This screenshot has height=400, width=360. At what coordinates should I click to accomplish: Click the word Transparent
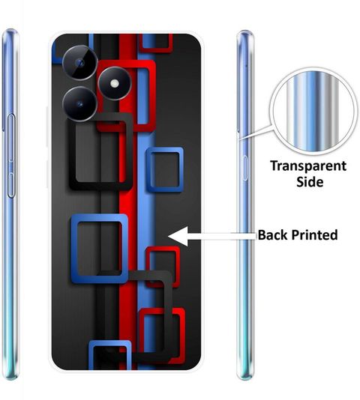(x=308, y=166)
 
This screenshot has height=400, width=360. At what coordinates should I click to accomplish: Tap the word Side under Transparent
(x=310, y=182)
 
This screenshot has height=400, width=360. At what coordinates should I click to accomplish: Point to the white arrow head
(x=178, y=236)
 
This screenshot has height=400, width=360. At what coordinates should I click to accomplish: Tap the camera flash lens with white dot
(x=115, y=83)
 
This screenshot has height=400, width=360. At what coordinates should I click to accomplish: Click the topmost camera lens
(x=80, y=63)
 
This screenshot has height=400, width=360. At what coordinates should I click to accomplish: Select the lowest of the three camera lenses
(x=80, y=103)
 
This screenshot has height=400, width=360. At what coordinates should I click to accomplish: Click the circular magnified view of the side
(x=313, y=112)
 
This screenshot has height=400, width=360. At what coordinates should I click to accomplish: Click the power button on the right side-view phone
(x=245, y=168)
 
